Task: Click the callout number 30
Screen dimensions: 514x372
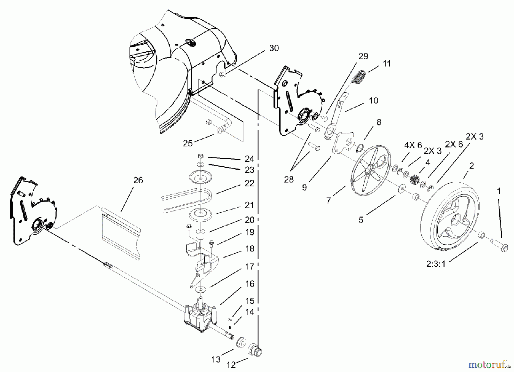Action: point(274,48)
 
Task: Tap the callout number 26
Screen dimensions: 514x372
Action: point(138,180)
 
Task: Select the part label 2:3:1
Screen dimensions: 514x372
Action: point(436,264)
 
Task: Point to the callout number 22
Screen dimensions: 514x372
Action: point(249,183)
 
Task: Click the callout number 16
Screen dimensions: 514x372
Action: point(250,284)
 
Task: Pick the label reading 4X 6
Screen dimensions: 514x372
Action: point(413,145)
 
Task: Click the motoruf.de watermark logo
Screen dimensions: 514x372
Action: point(489,365)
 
